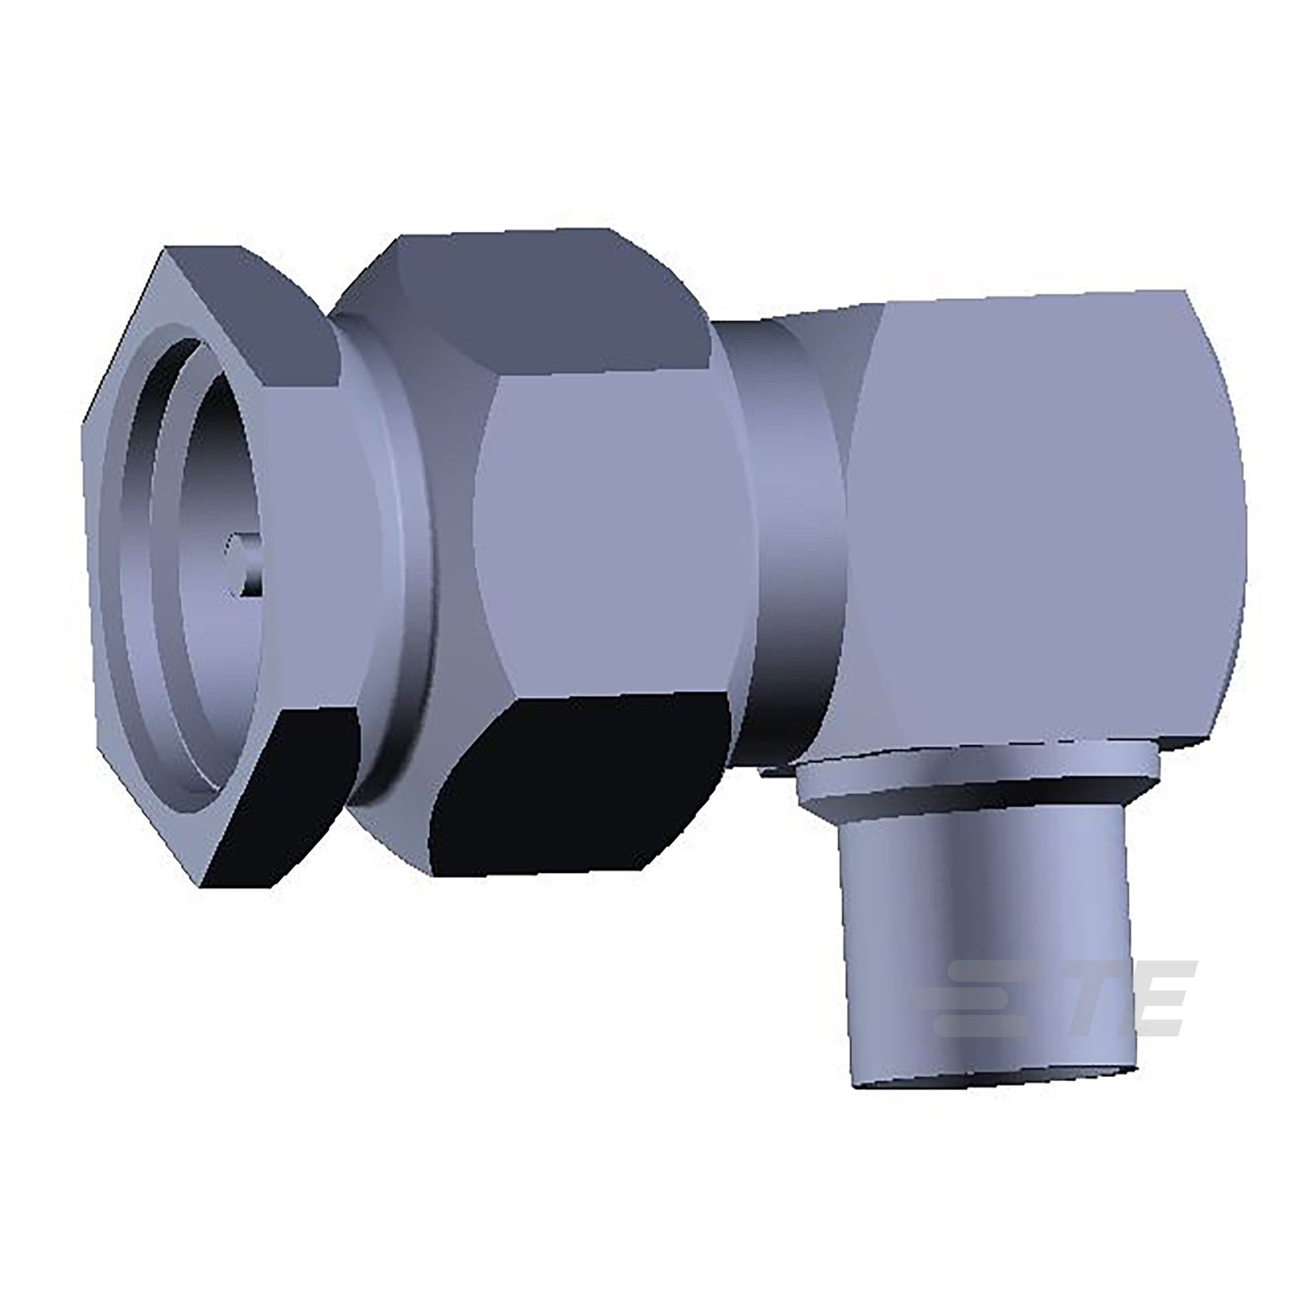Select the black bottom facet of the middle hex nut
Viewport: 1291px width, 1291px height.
[x=576, y=791]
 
